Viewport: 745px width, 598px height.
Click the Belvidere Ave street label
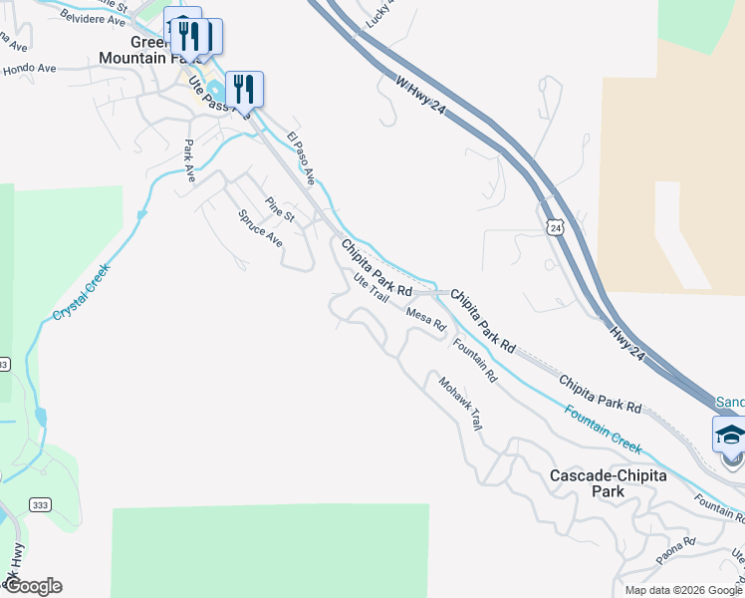pyautogui.click(x=94, y=18)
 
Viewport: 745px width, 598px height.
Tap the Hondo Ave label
pyautogui.click(x=30, y=68)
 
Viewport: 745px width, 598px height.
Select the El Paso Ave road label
pyautogui.click(x=301, y=158)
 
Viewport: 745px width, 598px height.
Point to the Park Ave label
pyautogui.click(x=188, y=156)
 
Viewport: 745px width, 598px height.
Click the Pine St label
pyautogui.click(x=280, y=211)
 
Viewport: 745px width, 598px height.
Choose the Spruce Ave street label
pyautogui.click(x=261, y=228)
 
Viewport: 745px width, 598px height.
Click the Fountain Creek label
pyautogui.click(x=602, y=429)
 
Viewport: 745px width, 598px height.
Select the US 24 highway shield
pyautogui.click(x=555, y=228)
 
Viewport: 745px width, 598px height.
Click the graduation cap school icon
pyautogui.click(x=729, y=435)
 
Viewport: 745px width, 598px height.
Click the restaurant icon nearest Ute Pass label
pyautogui.click(x=244, y=89)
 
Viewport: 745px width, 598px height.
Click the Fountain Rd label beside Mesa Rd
pyautogui.click(x=474, y=361)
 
